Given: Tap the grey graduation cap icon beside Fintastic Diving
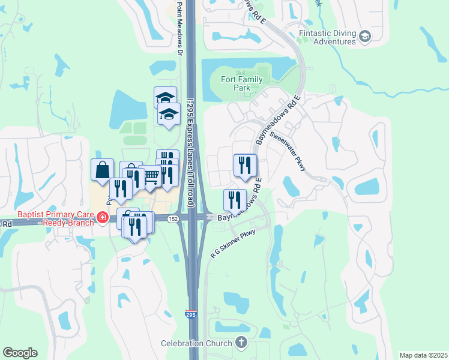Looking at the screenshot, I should pos(364,37).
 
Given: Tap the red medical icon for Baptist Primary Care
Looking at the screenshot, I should pos(103,218).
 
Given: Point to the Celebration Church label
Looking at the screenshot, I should pos(196,343).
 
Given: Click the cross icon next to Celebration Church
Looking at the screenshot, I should pos(241,343).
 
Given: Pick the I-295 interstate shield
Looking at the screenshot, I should pos(190,314).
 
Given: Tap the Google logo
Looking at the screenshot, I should pos(20,353).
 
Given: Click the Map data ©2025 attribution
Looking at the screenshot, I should pos(423,355).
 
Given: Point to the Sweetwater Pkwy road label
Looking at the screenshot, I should pos(288,151).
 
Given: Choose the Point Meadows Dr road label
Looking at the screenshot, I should pos(179,28).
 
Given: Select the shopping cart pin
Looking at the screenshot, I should pos(151,176).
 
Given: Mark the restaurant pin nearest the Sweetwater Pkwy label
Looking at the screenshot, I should pos(245,165).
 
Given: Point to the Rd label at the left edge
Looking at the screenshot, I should pos(7,223).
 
